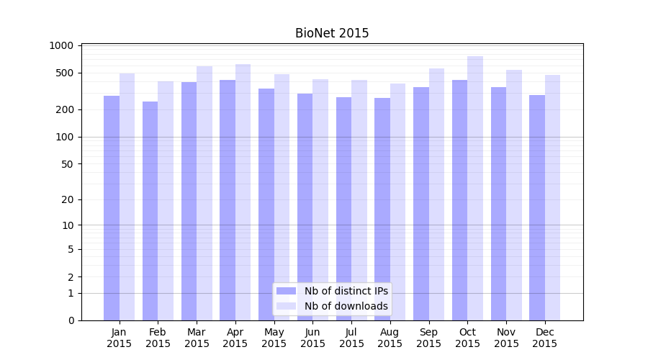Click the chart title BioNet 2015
[332, 33]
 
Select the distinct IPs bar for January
[112, 208]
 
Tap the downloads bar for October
[475, 189]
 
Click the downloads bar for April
[243, 192]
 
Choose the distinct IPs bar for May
[266, 204]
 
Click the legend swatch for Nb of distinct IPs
[287, 291]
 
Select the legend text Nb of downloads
[346, 306]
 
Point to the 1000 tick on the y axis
[61, 45]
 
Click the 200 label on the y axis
[65, 109]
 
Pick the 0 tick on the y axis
[71, 320]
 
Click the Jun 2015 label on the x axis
[312, 338]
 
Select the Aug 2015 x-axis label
[390, 338]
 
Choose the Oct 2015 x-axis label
[467, 338]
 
